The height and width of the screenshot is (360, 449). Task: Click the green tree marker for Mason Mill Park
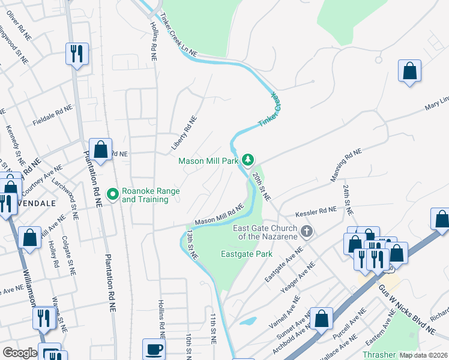247,160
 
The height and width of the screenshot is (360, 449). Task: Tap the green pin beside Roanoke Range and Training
112,194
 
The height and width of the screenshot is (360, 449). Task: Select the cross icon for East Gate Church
307,232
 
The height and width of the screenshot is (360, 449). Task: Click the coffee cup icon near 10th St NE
154,349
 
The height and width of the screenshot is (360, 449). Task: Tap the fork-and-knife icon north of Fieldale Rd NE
77,54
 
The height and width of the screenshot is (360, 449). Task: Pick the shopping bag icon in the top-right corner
409,71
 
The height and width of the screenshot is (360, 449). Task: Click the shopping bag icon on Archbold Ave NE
321,319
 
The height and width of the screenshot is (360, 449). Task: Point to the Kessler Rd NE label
316,212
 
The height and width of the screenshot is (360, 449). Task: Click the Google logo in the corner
19,353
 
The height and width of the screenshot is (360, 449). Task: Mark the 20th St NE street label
261,186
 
